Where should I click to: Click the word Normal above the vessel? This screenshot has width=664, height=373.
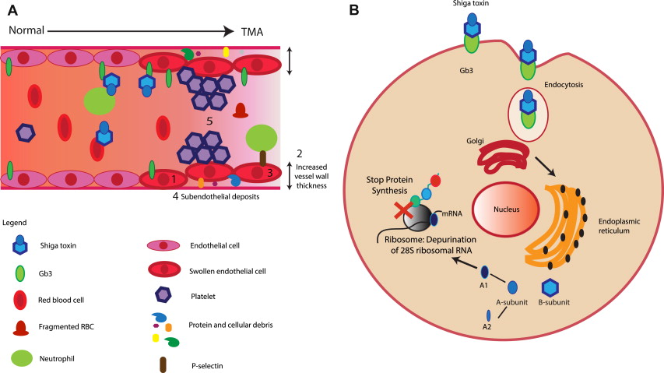[26, 30]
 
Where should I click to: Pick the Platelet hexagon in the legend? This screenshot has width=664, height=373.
[163, 295]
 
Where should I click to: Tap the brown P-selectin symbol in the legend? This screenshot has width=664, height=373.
[163, 364]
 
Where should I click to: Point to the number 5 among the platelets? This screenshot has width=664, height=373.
[208, 121]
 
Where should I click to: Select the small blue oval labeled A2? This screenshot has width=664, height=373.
[488, 315]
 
